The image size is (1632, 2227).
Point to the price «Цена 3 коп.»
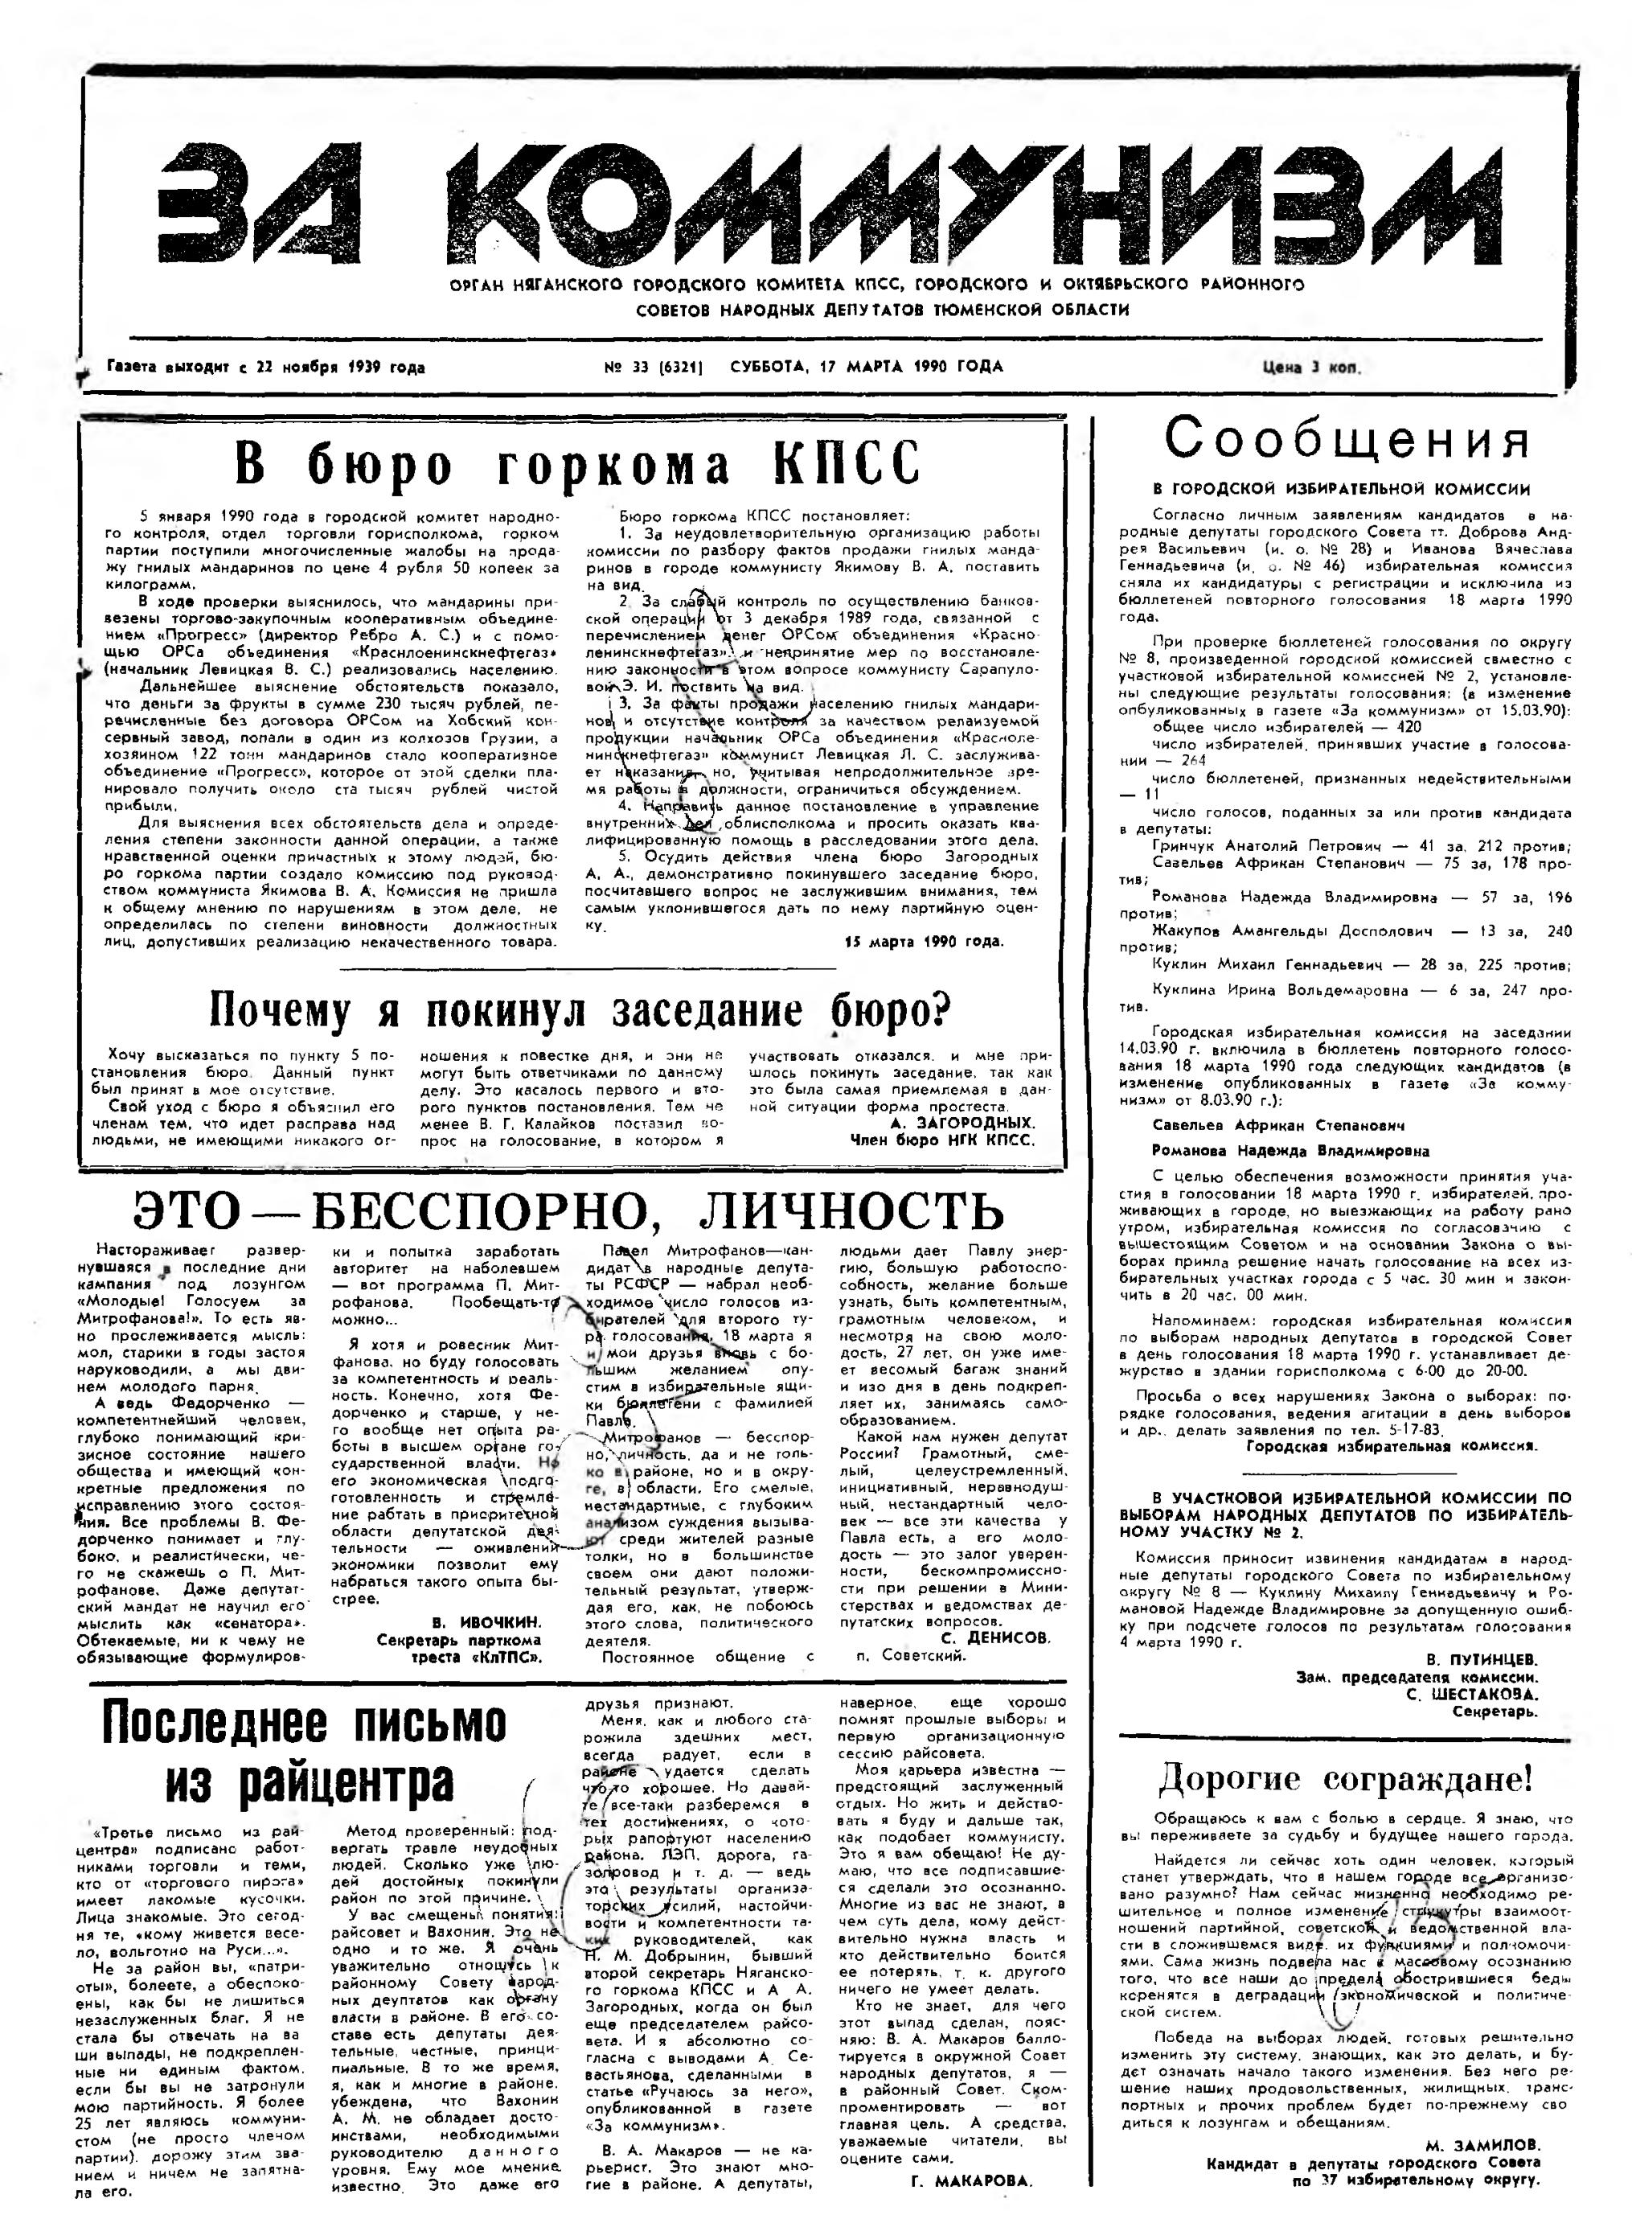1311,368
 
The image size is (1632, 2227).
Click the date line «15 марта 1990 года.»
924,941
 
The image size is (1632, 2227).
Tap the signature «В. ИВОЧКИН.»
487,1622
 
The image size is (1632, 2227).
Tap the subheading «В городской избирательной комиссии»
1342,489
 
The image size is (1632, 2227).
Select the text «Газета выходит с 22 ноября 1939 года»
264,368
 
